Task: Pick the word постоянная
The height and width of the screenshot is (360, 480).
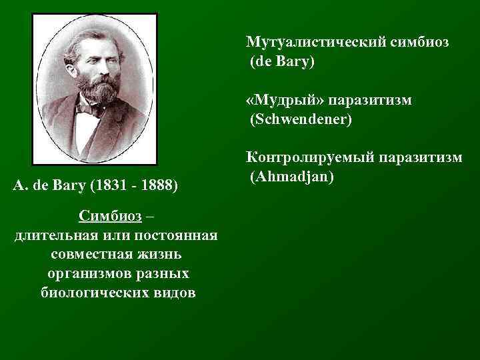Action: pyautogui.click(x=178, y=236)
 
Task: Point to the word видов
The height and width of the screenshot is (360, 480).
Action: pyautogui.click(x=176, y=293)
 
